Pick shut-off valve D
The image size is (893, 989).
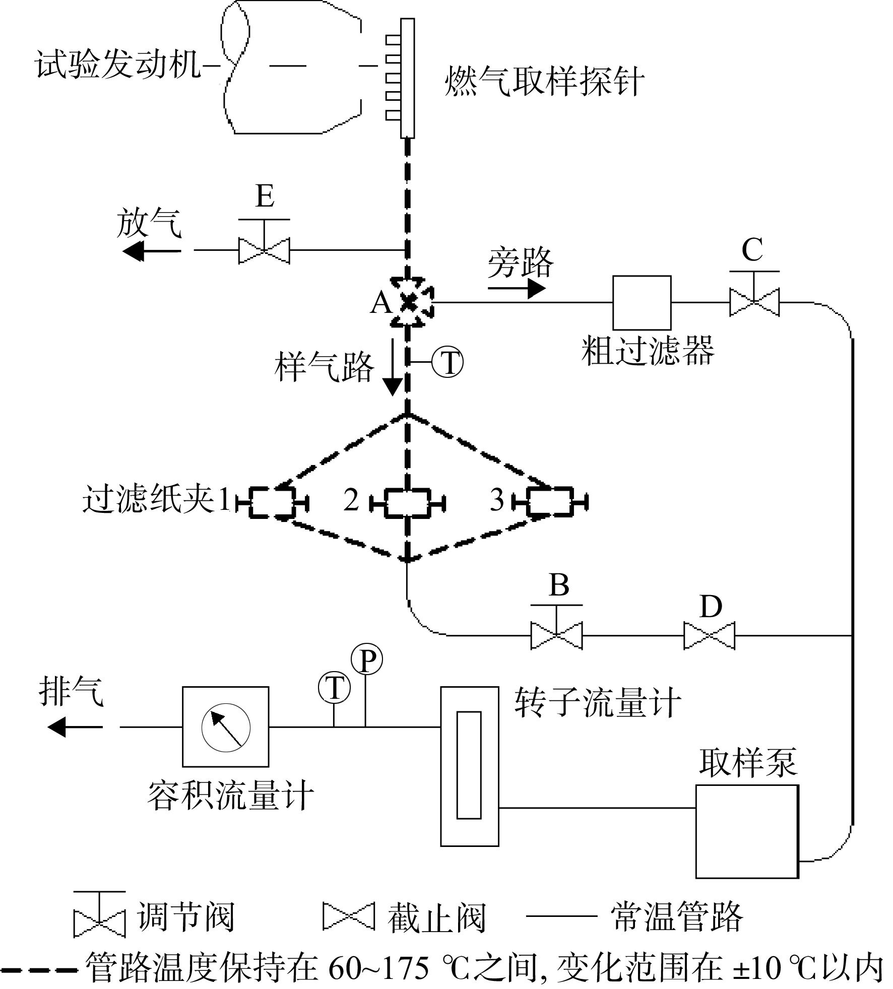(x=709, y=636)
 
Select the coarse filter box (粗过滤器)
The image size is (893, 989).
(x=642, y=303)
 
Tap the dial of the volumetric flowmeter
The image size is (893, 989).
(x=226, y=728)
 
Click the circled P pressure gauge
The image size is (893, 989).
(x=367, y=660)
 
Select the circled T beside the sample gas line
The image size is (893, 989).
(x=448, y=362)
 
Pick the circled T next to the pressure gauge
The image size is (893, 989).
(x=334, y=688)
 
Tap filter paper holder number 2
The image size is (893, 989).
(x=407, y=502)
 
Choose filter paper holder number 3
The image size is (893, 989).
(x=550, y=502)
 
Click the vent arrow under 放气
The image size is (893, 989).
(x=152, y=250)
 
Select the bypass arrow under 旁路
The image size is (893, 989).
(x=517, y=289)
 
